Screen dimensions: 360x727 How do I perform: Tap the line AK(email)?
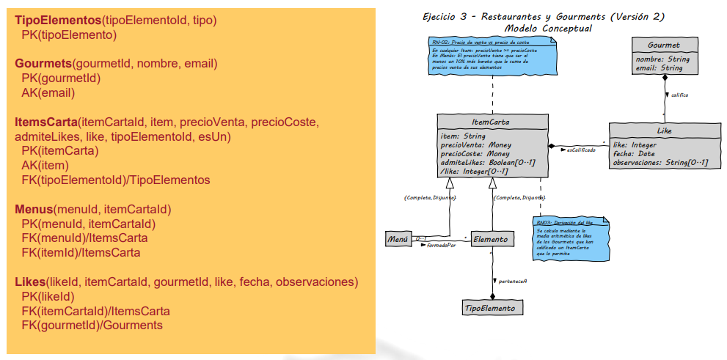[48, 92]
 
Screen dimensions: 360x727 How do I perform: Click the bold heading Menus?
[34, 209]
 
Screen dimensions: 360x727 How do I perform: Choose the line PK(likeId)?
[48, 296]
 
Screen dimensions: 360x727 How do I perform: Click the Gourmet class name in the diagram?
[665, 45]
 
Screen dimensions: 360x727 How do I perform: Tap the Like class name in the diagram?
[664, 131]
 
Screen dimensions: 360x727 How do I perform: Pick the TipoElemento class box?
[493, 308]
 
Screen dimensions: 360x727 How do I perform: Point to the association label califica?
[680, 95]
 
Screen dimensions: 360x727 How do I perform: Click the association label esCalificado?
[581, 150]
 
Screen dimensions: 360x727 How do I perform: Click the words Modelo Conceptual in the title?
[548, 28]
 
